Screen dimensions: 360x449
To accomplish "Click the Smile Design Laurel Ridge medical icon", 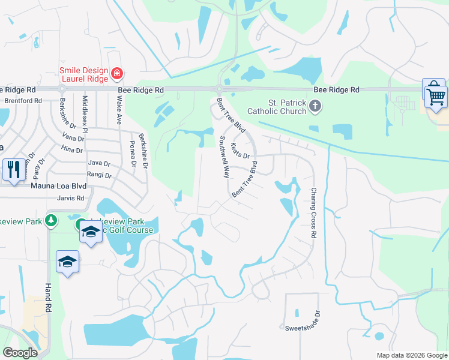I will click(x=118, y=74).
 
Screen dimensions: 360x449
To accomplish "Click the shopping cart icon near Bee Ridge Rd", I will click(x=436, y=95).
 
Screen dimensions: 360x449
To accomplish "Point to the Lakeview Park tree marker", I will click(x=51, y=221).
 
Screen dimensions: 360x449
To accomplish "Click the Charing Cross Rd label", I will click(x=313, y=214).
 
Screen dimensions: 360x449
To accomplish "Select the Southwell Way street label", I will click(x=224, y=157).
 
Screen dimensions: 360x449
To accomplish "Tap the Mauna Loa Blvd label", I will click(x=58, y=186).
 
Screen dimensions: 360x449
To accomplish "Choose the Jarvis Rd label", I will click(x=71, y=197).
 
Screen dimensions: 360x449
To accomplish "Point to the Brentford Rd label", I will click(x=23, y=101).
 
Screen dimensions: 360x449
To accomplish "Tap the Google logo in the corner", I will click(x=20, y=353).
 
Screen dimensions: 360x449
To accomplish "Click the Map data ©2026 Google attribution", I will click(x=411, y=355).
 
